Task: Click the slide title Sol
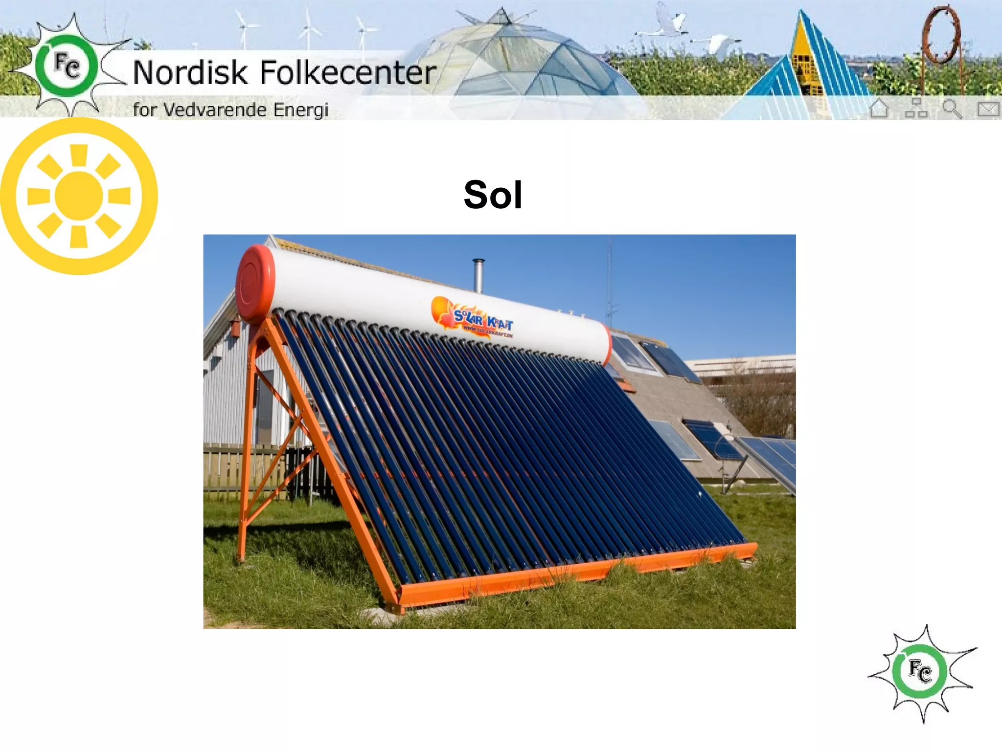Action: point(493,195)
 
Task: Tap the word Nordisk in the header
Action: point(190,72)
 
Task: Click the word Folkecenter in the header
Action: point(347,72)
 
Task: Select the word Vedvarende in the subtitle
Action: point(215,110)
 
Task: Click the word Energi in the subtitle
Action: point(300,110)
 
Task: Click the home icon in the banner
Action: point(879,109)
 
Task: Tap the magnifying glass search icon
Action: point(952,109)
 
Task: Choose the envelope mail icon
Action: point(988,109)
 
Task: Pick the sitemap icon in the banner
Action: point(916,109)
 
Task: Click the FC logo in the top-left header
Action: point(67,66)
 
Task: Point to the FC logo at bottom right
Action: point(921,672)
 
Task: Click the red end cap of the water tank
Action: point(254,284)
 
